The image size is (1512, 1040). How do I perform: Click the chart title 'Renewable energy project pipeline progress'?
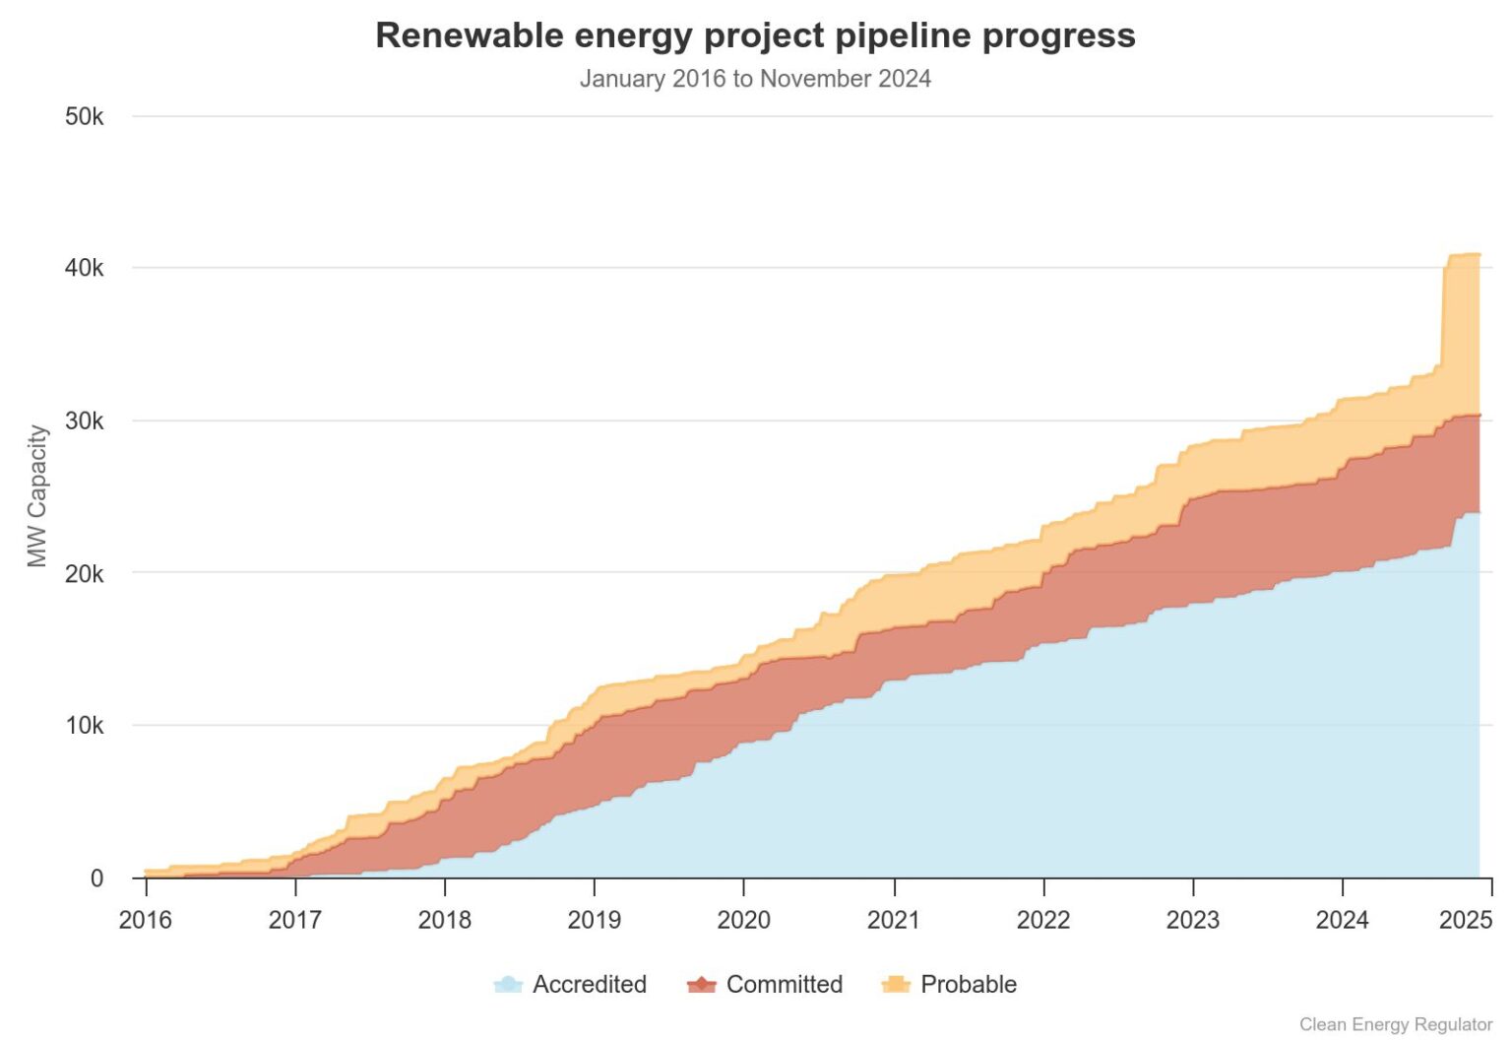point(755,35)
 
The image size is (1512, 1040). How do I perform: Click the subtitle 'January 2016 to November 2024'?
point(755,79)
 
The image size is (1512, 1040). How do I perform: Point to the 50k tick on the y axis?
point(84,116)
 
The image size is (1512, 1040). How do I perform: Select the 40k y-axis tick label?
point(84,268)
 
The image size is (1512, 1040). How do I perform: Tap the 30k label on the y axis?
point(84,421)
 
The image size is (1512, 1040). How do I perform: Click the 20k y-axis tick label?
point(84,573)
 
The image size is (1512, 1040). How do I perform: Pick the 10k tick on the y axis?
point(84,726)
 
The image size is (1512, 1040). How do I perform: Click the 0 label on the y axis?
point(96,878)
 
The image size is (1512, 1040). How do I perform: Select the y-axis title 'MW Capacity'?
point(37,496)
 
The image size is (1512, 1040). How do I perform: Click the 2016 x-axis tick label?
point(145,920)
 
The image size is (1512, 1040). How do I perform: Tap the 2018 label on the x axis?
point(444,920)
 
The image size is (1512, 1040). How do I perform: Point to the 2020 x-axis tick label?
point(743,920)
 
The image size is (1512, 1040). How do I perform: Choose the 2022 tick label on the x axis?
point(1042,920)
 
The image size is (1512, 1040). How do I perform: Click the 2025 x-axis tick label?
point(1466,920)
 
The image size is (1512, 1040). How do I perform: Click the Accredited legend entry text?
point(589,984)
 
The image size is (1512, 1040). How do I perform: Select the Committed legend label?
point(784,984)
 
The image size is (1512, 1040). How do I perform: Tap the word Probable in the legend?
point(968,984)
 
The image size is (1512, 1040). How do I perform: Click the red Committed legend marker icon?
point(701,984)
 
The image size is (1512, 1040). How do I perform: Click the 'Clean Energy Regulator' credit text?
point(1395,1024)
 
